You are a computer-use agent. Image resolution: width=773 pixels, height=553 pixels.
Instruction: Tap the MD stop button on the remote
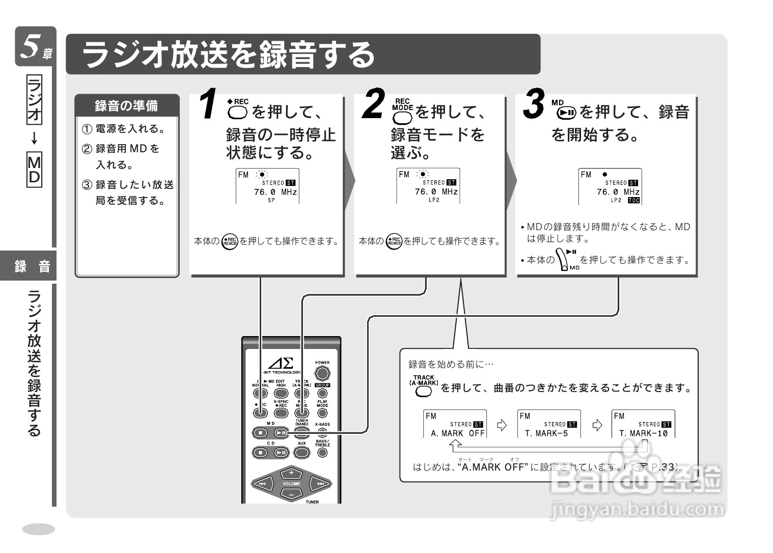(x=260, y=433)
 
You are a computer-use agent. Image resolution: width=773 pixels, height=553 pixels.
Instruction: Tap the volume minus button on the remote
(x=291, y=494)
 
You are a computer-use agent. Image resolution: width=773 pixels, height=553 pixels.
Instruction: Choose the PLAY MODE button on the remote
(x=322, y=413)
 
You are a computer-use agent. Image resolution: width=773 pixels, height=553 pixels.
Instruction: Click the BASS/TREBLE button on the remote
(x=322, y=452)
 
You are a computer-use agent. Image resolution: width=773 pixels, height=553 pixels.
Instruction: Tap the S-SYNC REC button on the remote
(x=281, y=413)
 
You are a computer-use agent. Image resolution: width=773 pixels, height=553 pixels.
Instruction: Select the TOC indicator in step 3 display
(x=633, y=201)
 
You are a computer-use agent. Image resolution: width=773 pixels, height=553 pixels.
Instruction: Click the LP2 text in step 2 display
(x=434, y=200)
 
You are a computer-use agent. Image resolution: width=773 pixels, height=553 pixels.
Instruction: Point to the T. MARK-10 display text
(x=643, y=433)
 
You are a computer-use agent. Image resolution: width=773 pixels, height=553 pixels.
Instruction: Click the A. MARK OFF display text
(x=457, y=433)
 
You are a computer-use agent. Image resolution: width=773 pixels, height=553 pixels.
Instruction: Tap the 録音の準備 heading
(x=126, y=106)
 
